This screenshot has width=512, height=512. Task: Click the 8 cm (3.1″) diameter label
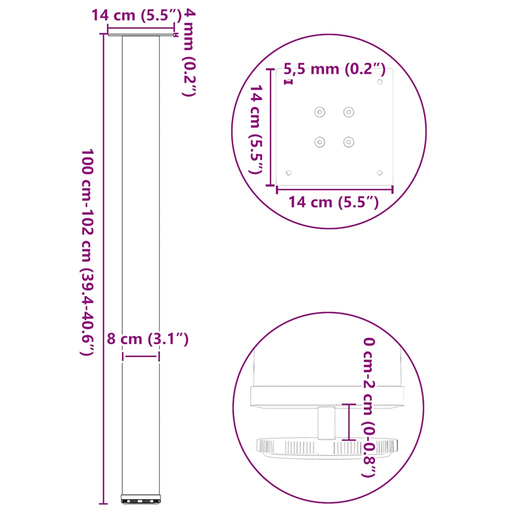147,339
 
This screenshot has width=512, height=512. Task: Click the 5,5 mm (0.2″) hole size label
334,69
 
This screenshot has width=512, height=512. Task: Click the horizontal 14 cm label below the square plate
333,202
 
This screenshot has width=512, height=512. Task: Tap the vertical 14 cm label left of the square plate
256,128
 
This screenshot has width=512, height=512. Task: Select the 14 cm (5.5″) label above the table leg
135,15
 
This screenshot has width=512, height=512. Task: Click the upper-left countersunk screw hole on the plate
319,112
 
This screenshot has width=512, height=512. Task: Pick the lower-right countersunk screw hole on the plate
348,142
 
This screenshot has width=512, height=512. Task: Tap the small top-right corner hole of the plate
380,81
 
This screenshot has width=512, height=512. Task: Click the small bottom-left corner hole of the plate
288,172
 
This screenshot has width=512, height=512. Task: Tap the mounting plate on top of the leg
141,34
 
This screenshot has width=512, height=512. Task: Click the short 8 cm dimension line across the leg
141,356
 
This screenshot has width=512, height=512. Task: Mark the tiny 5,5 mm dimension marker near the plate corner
288,81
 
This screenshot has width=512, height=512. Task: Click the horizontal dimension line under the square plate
334,188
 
